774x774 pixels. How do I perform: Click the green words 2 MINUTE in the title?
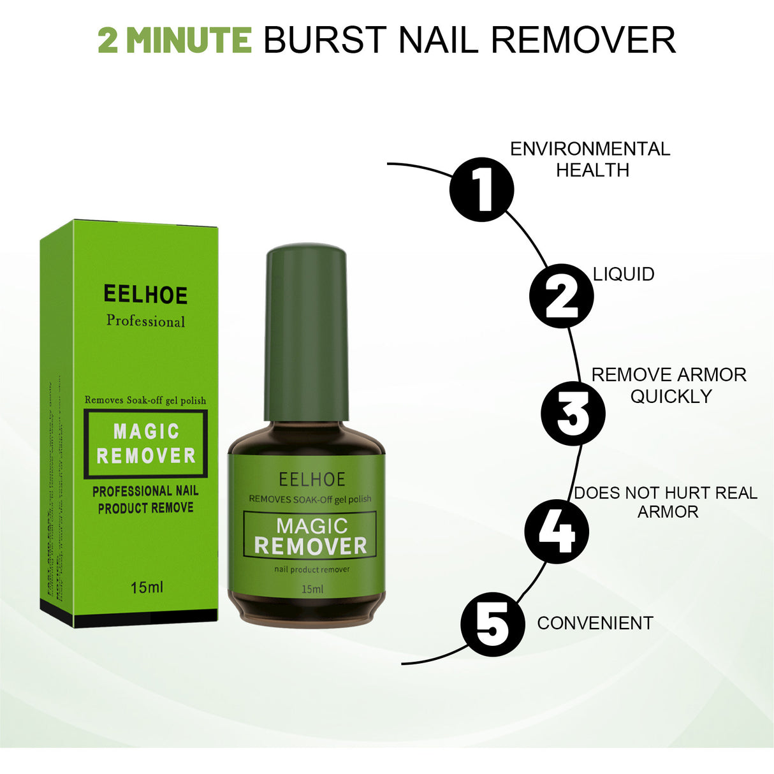(175, 40)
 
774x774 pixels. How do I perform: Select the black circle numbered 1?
(481, 189)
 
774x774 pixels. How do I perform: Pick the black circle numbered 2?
(561, 296)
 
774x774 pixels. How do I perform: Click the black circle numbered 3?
(573, 413)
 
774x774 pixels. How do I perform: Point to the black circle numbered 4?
(556, 531)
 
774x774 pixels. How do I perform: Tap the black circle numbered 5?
(492, 624)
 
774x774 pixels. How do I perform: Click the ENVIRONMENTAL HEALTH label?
(590, 159)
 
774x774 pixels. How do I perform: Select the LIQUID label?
(624, 274)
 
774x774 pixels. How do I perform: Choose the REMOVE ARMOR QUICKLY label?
(669, 385)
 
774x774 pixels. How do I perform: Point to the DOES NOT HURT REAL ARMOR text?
(666, 502)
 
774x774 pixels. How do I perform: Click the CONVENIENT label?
(595, 623)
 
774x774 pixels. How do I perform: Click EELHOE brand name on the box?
(145, 295)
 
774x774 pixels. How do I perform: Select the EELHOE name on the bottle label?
(312, 479)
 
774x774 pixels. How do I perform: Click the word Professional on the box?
(145, 321)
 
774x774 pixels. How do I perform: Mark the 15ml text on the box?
(147, 587)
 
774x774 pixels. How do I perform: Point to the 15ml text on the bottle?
(312, 589)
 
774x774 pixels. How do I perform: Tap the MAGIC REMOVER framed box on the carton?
(146, 444)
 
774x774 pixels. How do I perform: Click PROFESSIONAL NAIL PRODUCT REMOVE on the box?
(145, 499)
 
